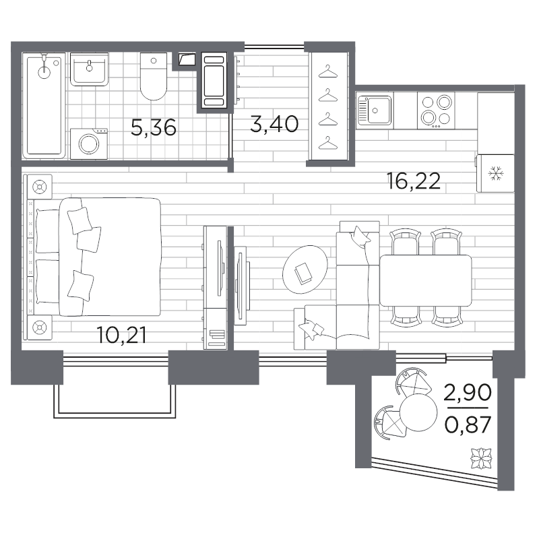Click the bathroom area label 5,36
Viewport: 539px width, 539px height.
[x=154, y=127]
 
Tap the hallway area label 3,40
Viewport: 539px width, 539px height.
[x=274, y=124]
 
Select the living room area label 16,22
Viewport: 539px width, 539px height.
[x=414, y=181]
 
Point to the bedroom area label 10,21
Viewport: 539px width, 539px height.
[x=122, y=335]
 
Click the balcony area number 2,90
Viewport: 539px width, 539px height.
[x=468, y=393]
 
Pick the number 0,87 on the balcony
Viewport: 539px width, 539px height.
[x=468, y=425]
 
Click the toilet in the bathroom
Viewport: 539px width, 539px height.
[x=154, y=76]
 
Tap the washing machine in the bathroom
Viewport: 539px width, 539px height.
[x=89, y=144]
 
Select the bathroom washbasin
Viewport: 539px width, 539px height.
[x=90, y=69]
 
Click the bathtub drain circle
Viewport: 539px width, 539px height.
[x=44, y=72]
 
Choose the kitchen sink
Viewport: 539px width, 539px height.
[x=375, y=110]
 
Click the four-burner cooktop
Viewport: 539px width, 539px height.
[x=436, y=110]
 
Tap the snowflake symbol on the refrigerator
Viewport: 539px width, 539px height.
[x=496, y=173]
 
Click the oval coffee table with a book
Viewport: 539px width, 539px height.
[x=305, y=269]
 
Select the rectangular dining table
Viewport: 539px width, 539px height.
[x=426, y=280]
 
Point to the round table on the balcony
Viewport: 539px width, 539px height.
[x=418, y=412]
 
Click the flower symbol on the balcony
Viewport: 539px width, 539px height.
[x=481, y=458]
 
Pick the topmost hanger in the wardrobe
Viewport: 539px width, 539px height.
[x=328, y=71]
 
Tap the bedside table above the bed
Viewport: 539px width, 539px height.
[x=40, y=187]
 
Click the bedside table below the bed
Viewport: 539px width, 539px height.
[x=40, y=327]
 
